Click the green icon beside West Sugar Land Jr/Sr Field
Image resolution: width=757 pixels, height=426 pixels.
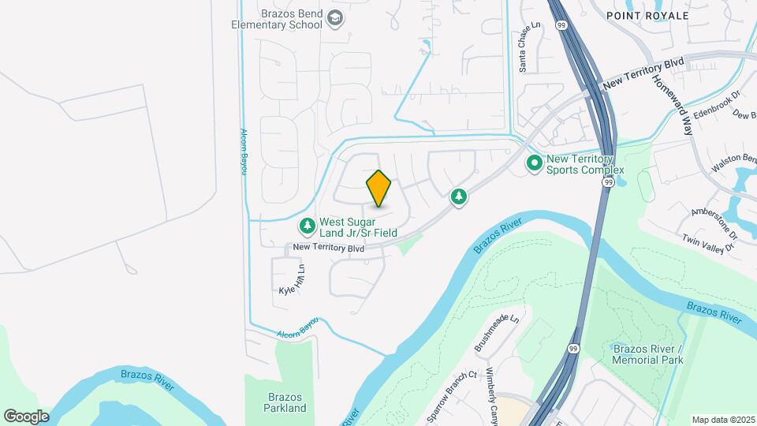pyautogui.click(x=307, y=226)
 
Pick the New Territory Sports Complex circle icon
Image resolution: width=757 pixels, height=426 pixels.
pyautogui.click(x=535, y=163)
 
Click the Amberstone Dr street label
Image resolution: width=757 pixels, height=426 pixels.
pyautogui.click(x=714, y=212)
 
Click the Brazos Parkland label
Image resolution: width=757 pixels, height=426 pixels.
pyautogui.click(x=285, y=402)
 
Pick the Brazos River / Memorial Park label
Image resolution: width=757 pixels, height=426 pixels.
pyautogui.click(x=647, y=353)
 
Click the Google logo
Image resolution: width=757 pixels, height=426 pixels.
pyautogui.click(x=26, y=416)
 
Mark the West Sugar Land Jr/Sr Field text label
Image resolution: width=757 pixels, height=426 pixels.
pyautogui.click(x=357, y=227)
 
